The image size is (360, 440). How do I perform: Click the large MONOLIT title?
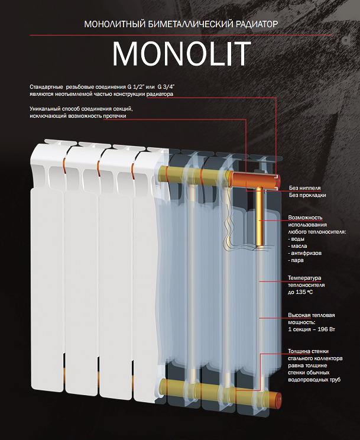pos(181,54)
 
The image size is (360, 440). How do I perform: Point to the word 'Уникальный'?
pos(44,109)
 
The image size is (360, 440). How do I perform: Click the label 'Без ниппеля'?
pos(304,188)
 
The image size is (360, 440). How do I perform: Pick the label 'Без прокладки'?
pos(307,195)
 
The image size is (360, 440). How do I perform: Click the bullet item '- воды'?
pos(296,239)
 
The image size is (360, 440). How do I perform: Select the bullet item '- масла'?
pos(297,246)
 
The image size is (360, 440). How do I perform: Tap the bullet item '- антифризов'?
pos(304,253)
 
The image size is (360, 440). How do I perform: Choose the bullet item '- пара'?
pos(296,260)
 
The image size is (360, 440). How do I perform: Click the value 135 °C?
pos(304,292)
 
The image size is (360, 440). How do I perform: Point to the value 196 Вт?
pos(326,329)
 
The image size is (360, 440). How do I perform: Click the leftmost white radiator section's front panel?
pos(47,289)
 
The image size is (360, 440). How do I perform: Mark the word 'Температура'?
pos(304,278)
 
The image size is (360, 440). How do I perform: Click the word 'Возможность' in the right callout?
pos(305,218)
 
